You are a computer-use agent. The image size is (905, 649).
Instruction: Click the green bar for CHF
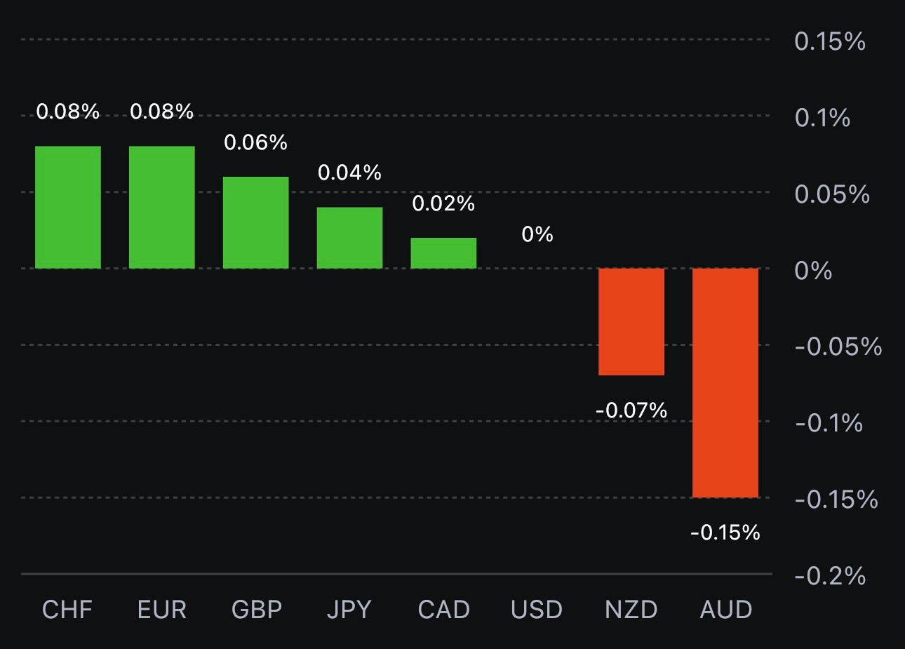pos(68,207)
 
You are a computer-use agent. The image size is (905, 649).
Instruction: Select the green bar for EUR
pos(162,207)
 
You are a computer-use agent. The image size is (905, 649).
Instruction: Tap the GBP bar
pos(256,222)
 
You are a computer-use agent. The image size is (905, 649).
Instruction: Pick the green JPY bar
pos(349,238)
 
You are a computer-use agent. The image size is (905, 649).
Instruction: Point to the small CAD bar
pos(443,253)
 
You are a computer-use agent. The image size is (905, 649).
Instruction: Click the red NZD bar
pos(631,321)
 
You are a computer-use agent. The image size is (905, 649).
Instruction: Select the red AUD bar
pos(725,382)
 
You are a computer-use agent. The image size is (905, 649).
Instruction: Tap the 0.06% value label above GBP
pos(255,142)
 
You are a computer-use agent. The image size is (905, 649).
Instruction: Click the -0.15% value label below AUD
pos(725,533)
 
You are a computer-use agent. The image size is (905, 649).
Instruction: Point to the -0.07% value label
pos(631,410)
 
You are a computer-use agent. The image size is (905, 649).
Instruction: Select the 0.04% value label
pos(349,173)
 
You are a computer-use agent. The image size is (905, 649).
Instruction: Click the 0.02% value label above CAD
pos(443,203)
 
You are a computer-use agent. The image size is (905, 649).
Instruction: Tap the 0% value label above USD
pos(537,234)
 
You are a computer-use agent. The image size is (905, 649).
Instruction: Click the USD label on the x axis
pos(537,610)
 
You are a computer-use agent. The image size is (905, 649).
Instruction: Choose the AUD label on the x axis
pos(726,610)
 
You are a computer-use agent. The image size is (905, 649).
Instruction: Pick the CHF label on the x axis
pos(67,610)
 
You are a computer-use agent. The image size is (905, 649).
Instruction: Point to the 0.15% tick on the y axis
pos(830,41)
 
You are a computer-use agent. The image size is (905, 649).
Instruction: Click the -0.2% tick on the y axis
pos(830,576)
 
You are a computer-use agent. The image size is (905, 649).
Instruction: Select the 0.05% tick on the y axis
pos(832,194)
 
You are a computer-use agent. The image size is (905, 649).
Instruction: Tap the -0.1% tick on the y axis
pos(829,423)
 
